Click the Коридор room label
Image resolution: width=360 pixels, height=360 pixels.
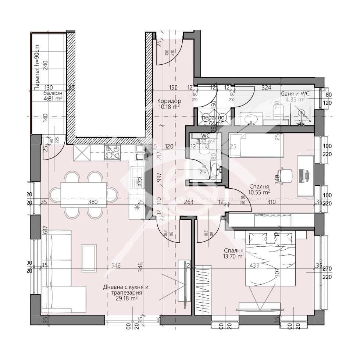tap(169, 101)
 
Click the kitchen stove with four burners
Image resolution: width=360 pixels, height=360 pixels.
tap(113, 152)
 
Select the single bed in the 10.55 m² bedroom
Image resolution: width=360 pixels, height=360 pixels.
tap(257, 145)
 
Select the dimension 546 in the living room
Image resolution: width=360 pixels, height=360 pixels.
tap(117, 266)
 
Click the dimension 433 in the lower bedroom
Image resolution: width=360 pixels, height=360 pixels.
tap(254, 266)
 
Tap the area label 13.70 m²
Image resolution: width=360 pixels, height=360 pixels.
tap(234, 256)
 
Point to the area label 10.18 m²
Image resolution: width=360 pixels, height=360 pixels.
tap(169, 107)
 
